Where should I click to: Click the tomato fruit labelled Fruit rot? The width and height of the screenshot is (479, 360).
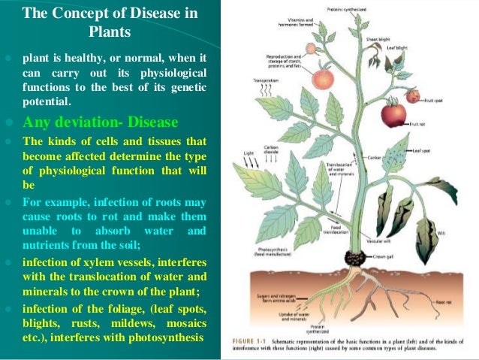point(393,115)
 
